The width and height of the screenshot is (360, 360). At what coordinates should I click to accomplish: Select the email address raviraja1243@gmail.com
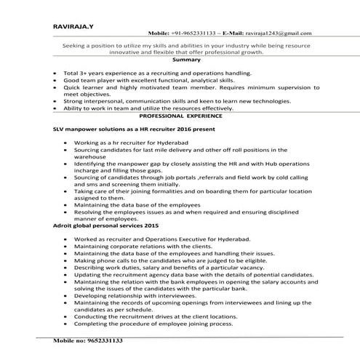tap(276, 33)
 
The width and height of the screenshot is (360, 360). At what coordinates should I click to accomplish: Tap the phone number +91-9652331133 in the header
tap(191, 33)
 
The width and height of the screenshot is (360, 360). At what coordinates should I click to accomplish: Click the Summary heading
tap(180, 61)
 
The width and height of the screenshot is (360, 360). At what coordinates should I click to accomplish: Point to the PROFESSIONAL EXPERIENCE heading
tap(180, 116)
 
